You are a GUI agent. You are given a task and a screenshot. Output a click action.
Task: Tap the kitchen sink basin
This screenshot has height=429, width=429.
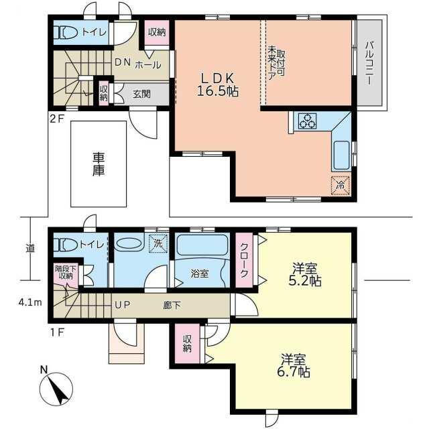[x=341, y=156]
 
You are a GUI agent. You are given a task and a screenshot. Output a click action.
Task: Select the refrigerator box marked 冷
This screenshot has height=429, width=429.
[x=341, y=186]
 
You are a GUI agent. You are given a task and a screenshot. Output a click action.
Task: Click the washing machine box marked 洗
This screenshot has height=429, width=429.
[x=158, y=243]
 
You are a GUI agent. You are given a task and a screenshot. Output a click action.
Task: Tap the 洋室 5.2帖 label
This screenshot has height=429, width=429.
[x=305, y=274]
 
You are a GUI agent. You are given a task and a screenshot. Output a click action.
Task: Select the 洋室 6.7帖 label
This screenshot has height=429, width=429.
[x=294, y=365]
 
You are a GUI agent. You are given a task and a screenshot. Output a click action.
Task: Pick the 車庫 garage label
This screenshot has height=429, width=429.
[x=99, y=164]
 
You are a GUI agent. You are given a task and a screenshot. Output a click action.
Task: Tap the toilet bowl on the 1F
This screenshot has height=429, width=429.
[x=66, y=245]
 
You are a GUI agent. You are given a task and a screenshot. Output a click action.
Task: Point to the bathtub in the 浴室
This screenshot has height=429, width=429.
[x=202, y=245]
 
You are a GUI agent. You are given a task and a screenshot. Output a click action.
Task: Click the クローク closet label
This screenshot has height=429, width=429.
[x=244, y=260]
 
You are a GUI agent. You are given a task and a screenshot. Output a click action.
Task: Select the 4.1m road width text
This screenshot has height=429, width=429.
[x=30, y=303]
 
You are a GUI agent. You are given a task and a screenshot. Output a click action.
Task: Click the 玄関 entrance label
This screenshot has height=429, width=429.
[x=141, y=94]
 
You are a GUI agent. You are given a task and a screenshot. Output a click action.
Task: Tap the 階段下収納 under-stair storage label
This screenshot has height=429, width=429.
[x=66, y=272]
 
